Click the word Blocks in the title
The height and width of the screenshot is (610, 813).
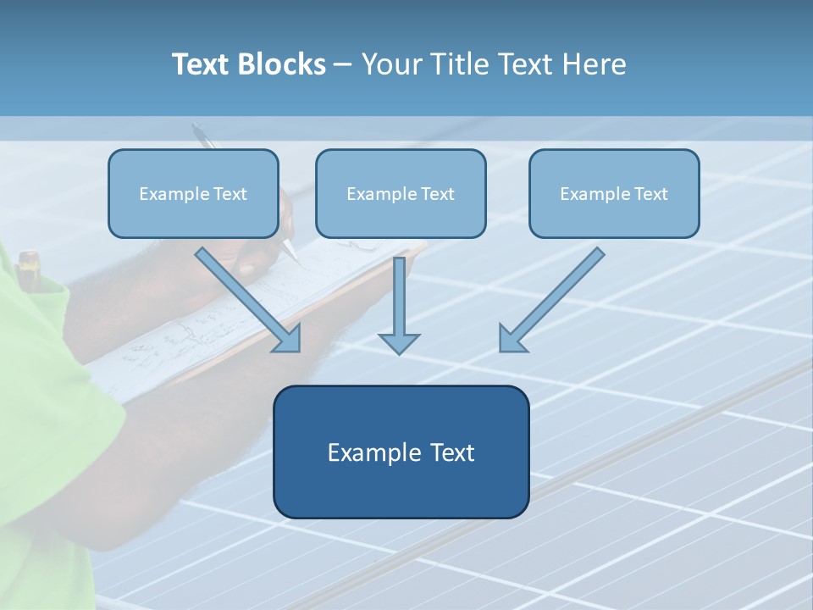click(x=282, y=64)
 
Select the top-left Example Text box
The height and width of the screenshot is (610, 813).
click(x=193, y=194)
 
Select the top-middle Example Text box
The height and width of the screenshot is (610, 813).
click(x=401, y=194)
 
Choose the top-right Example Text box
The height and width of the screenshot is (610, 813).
click(x=614, y=194)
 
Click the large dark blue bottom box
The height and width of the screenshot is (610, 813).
click(x=401, y=452)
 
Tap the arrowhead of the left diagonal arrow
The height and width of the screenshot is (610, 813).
click(x=288, y=339)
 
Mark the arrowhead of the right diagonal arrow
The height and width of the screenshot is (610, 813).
click(x=512, y=339)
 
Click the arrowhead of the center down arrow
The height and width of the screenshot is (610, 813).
click(x=399, y=343)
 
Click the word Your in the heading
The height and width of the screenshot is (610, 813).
click(x=390, y=64)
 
